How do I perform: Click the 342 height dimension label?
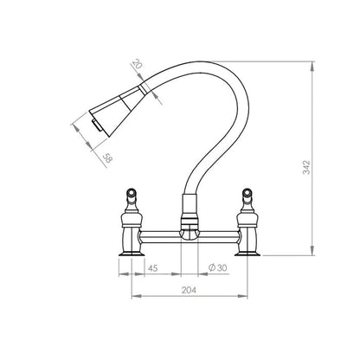[x=307, y=167]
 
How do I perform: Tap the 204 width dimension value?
[x=189, y=290]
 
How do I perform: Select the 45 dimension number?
[x=152, y=268]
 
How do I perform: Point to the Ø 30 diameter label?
[x=217, y=267]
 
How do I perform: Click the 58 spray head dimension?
[x=107, y=158]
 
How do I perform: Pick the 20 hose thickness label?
[x=138, y=64]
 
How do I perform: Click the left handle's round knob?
[x=132, y=192]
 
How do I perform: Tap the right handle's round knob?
[x=247, y=192]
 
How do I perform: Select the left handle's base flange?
[x=132, y=254]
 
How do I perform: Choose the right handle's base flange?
[x=247, y=254]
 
